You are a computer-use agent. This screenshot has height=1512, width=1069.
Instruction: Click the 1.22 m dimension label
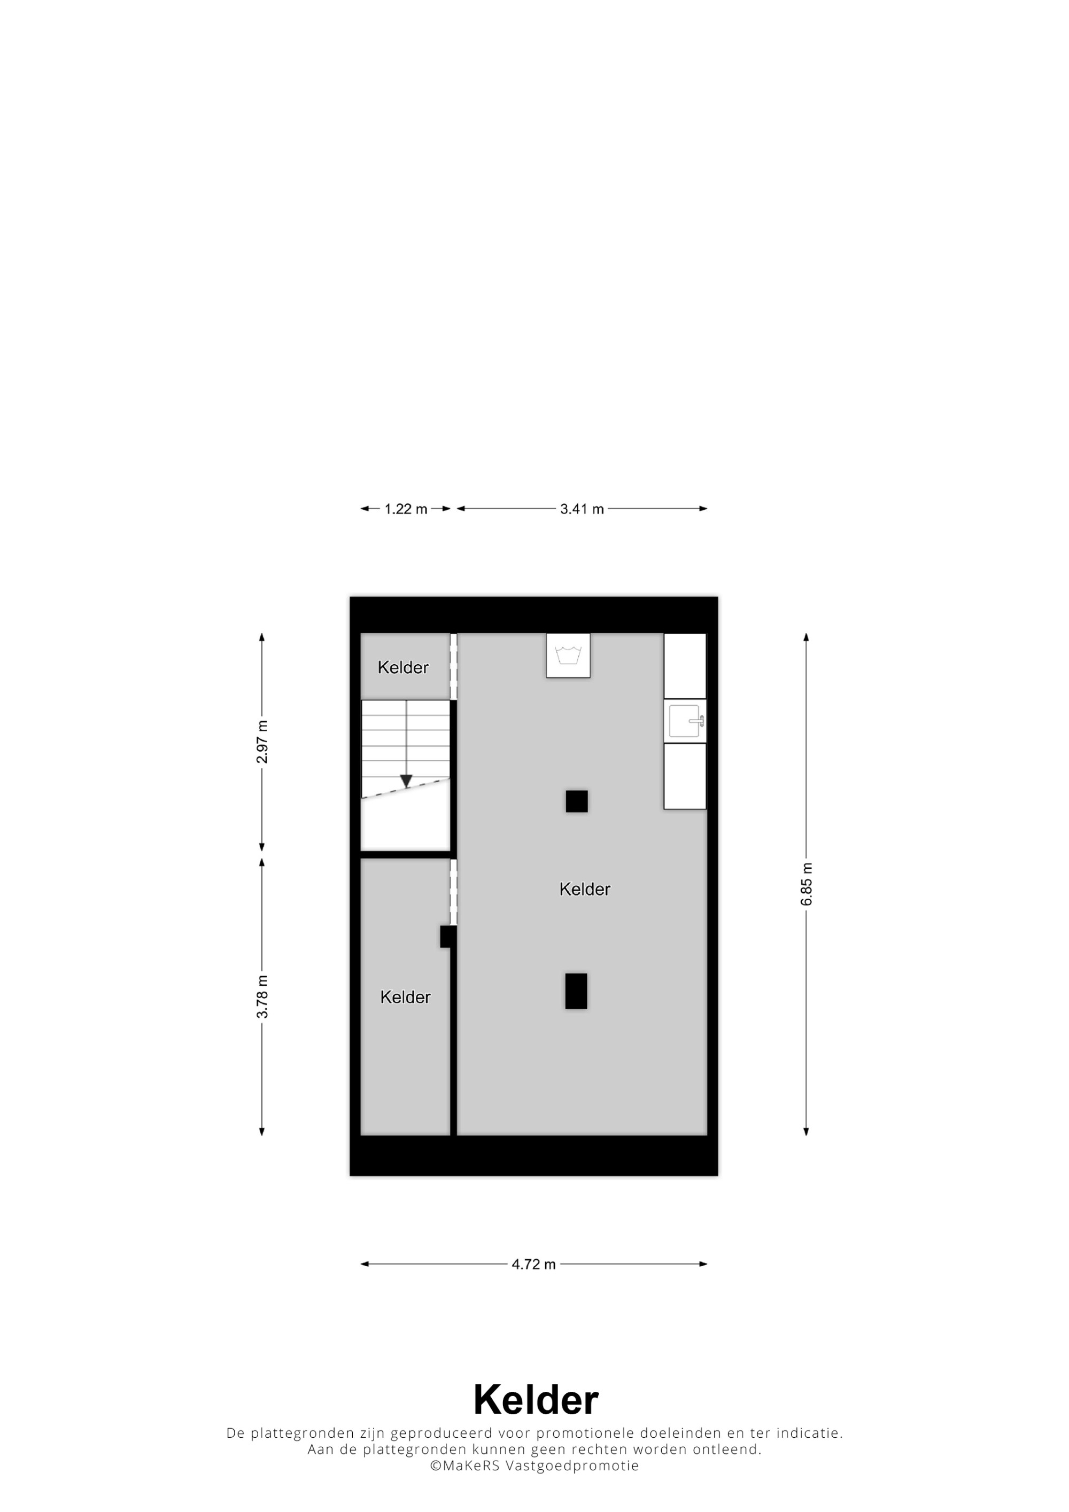point(406,509)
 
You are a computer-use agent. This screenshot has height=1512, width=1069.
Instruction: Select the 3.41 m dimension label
point(582,509)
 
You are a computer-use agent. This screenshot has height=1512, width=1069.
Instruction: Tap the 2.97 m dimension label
point(262,742)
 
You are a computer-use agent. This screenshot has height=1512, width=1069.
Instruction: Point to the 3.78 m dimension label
point(262,996)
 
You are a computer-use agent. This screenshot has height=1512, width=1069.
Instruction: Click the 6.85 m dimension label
point(806,884)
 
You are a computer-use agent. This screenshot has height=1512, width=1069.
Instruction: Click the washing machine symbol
point(568,655)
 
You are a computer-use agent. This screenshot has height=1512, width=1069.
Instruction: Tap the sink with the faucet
point(685,721)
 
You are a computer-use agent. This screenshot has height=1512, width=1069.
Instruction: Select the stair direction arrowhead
point(406,782)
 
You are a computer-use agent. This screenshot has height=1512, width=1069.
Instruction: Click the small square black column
point(576,801)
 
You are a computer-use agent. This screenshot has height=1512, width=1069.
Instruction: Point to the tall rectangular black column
point(576,991)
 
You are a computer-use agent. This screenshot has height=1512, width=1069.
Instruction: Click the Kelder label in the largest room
point(584,889)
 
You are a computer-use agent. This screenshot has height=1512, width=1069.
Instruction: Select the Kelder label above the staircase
point(402,667)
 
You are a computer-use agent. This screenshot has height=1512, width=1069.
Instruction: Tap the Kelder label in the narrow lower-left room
point(405,997)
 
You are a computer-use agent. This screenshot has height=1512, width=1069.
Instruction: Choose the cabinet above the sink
point(685,666)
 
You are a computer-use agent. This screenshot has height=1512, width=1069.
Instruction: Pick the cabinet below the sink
point(685,776)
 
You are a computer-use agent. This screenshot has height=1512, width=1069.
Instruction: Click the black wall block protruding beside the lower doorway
point(448,937)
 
